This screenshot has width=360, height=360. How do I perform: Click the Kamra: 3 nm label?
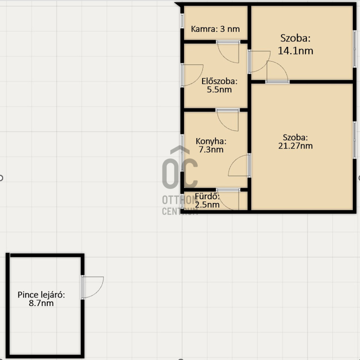click(x=215, y=29)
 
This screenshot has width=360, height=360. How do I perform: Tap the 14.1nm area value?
click(x=296, y=51)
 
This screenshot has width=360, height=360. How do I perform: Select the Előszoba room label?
click(x=219, y=81)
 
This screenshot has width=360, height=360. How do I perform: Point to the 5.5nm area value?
click(x=219, y=90)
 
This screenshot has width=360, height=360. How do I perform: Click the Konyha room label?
click(x=211, y=141)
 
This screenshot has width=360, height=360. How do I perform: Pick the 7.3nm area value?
click(x=211, y=150)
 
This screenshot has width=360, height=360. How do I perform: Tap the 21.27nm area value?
click(x=296, y=146)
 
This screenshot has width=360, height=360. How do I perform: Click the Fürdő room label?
click(x=207, y=197)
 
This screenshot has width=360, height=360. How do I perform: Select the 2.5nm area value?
click(x=207, y=205)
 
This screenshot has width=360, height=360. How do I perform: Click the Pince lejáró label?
click(x=41, y=295)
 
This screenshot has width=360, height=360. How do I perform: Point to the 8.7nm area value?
click(x=41, y=303)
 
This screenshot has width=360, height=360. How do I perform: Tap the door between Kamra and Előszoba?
click(x=228, y=52)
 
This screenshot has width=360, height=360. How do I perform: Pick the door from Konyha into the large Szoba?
click(x=239, y=165)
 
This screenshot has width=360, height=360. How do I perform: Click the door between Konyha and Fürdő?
click(x=228, y=199)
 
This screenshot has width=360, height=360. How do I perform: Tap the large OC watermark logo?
click(x=180, y=167)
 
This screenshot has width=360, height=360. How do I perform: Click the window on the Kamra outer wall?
click(x=182, y=21)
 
